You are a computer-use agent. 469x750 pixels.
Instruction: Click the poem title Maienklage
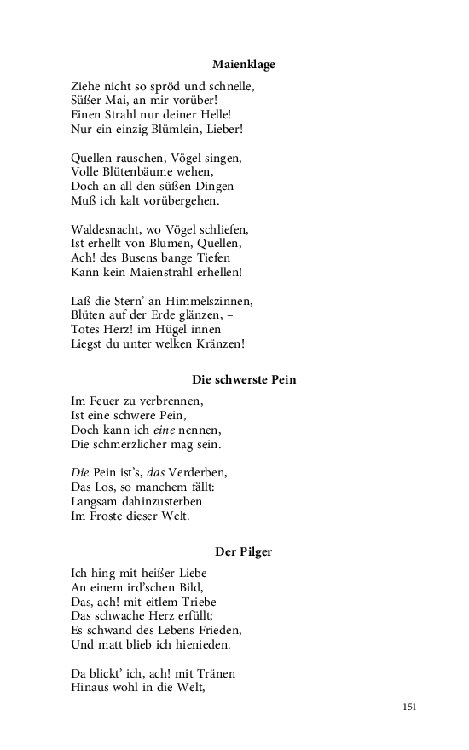point(244,64)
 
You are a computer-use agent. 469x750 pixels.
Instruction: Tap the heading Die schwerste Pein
point(244,379)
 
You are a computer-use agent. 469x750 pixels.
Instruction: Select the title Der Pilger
point(244,551)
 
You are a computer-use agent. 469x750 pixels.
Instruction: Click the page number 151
point(409,707)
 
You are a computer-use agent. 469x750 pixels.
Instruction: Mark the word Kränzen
point(223,344)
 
